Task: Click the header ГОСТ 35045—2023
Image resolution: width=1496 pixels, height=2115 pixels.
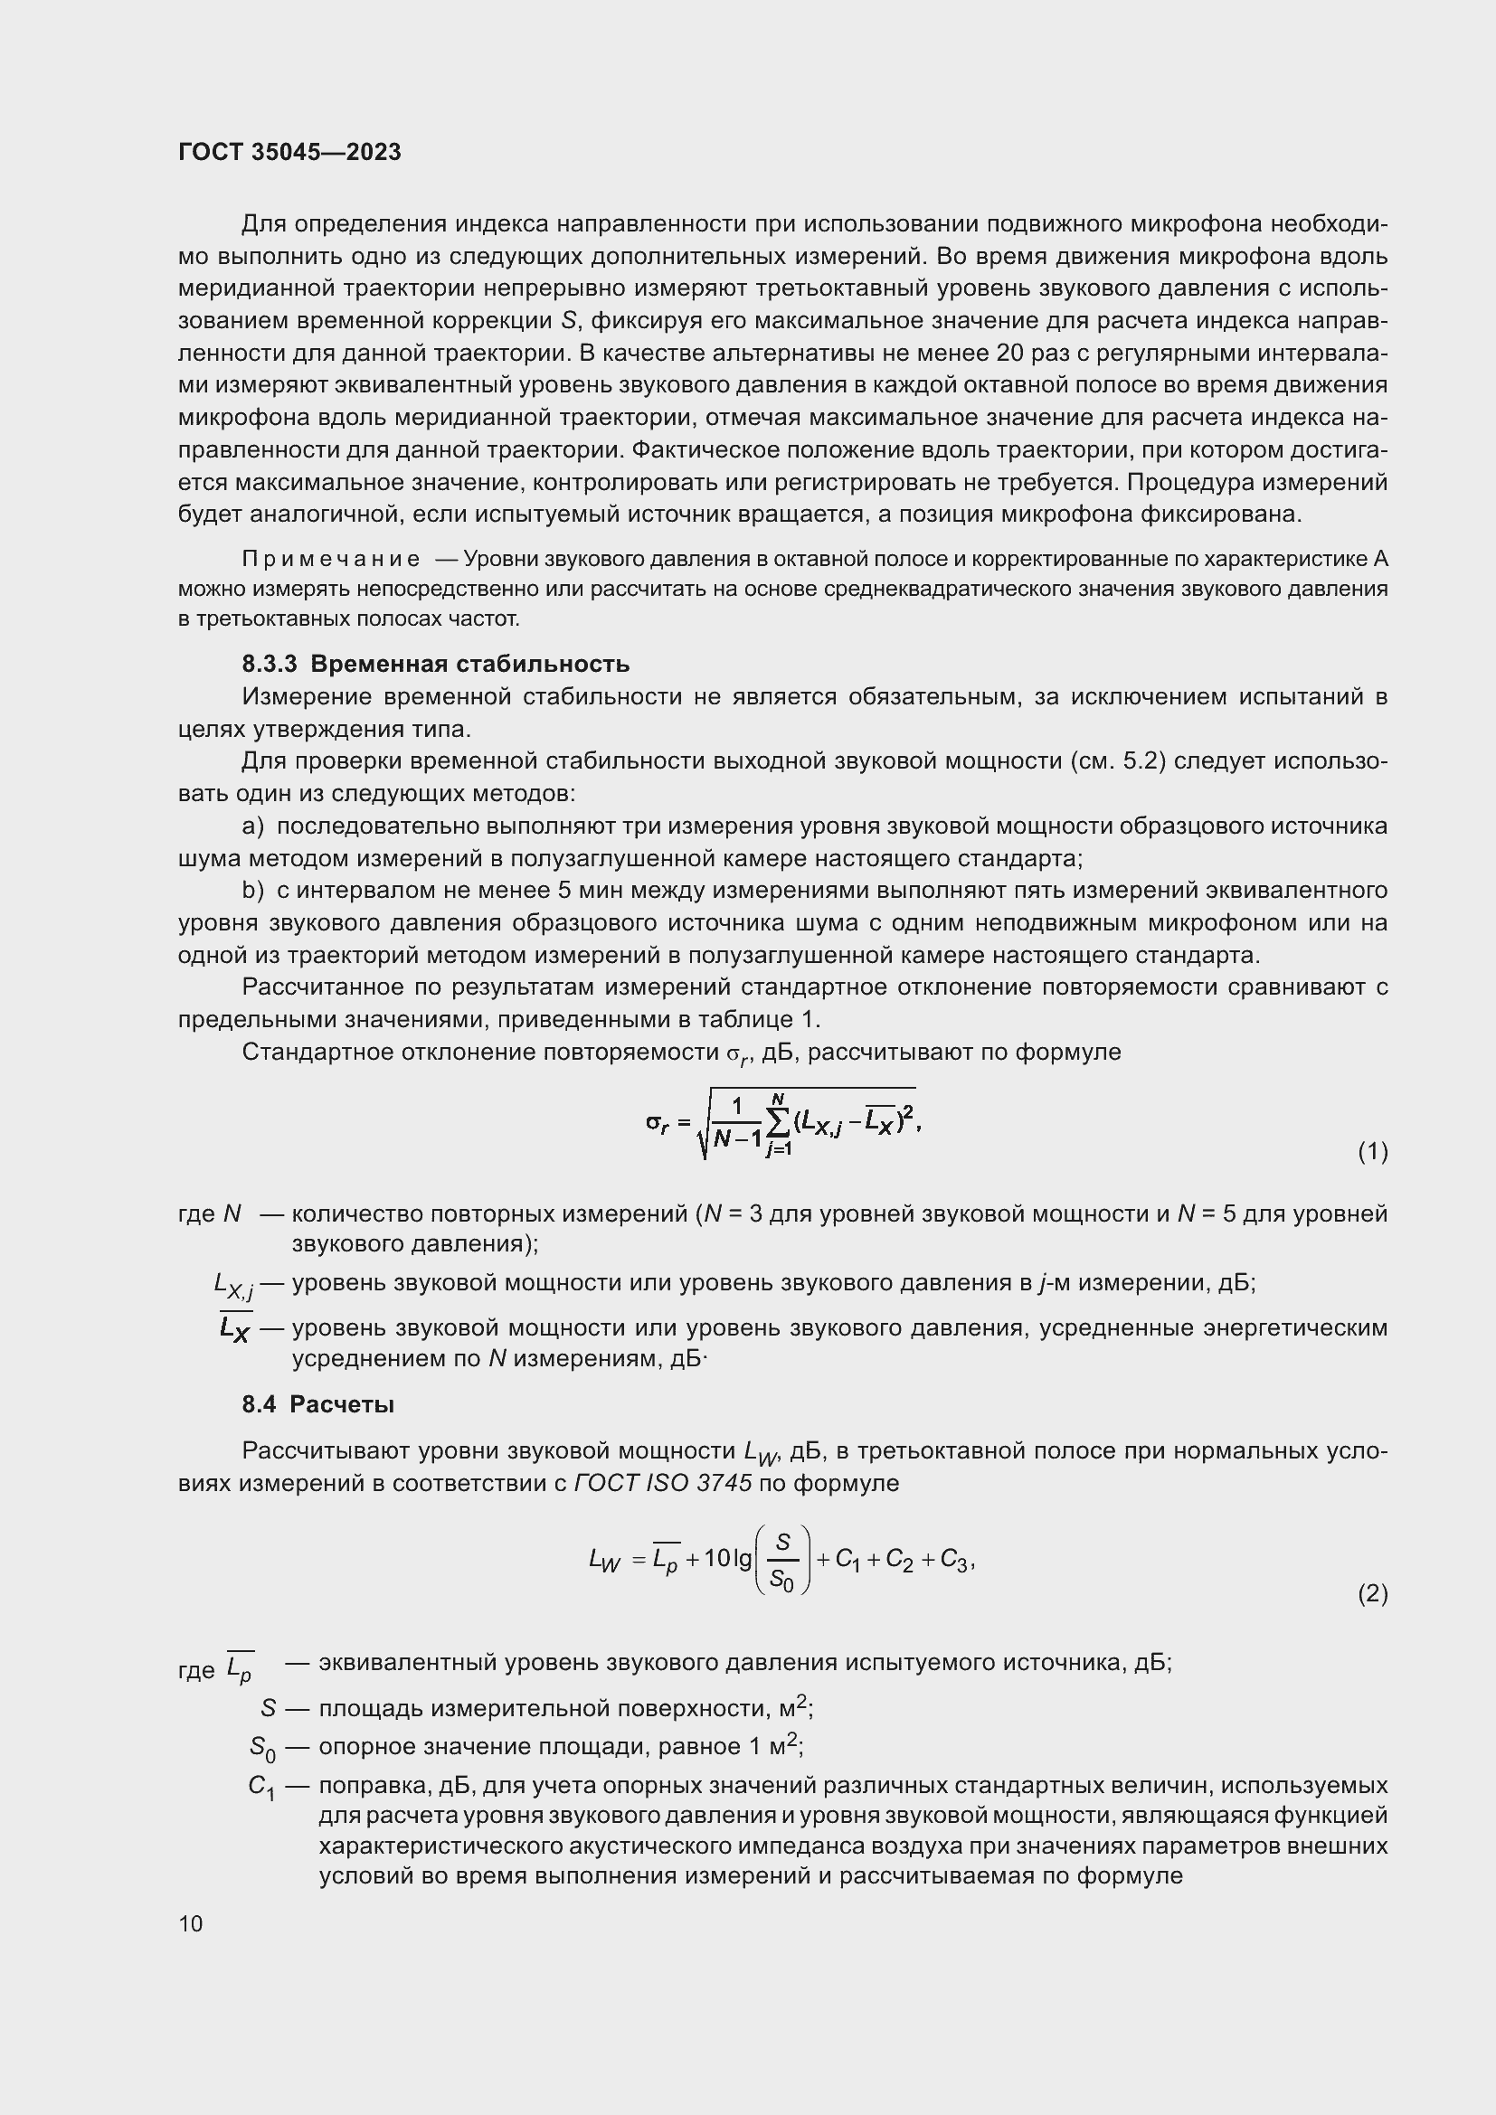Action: point(289,152)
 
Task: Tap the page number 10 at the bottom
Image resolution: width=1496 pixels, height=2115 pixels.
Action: point(191,1923)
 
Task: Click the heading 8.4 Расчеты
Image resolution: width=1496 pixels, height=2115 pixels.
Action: point(317,1404)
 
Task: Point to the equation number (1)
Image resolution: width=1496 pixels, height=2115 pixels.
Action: point(1372,1151)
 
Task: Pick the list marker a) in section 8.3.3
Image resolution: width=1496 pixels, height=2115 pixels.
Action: point(252,826)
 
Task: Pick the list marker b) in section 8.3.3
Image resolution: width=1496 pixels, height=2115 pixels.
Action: point(252,891)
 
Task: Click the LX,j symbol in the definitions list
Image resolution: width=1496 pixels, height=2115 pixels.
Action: point(233,1284)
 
